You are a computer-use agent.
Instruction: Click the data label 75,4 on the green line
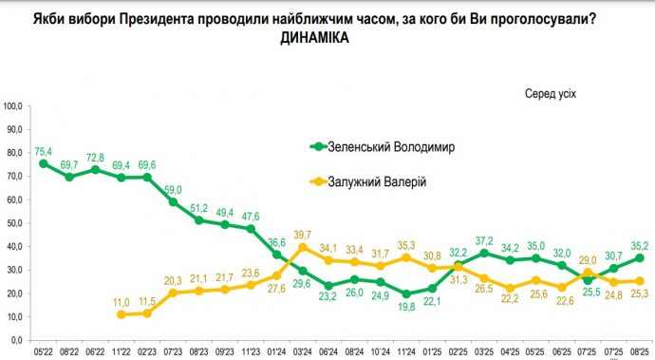click(x=44, y=150)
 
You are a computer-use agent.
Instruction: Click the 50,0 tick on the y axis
click(x=16, y=223)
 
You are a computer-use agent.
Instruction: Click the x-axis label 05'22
click(x=44, y=352)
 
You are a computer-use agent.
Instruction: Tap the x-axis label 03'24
click(x=303, y=352)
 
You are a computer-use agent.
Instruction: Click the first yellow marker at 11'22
click(x=122, y=313)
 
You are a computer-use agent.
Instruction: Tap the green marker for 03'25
click(x=484, y=253)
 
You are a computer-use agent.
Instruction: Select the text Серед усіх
click(x=551, y=93)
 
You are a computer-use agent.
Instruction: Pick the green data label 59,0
click(x=174, y=189)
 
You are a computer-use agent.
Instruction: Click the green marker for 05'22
click(x=44, y=164)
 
